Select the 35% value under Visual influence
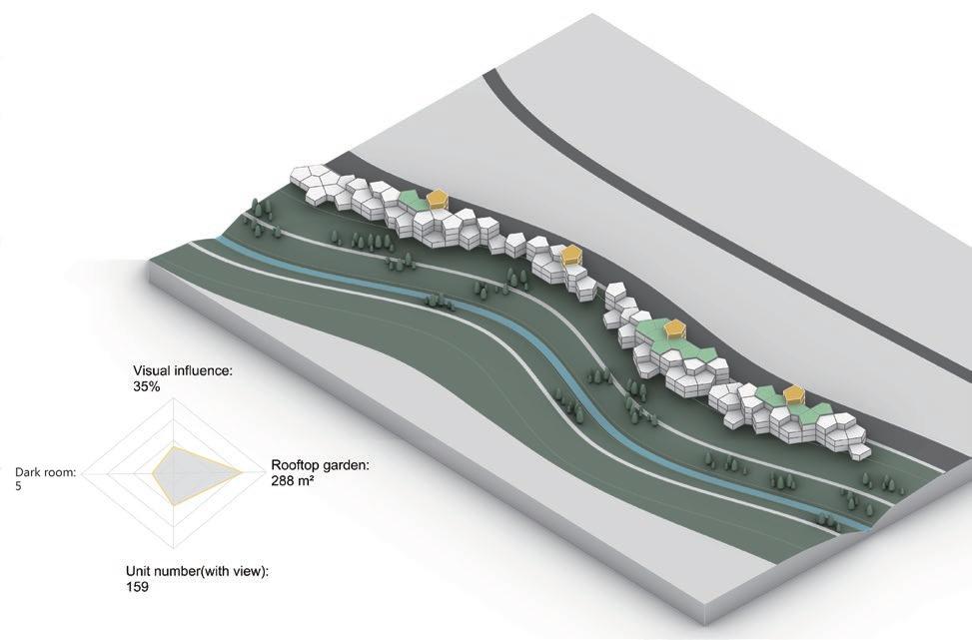[x=146, y=385]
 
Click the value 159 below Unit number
[x=137, y=587]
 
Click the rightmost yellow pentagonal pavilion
[x=795, y=395]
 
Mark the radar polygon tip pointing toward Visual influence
[x=176, y=447]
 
